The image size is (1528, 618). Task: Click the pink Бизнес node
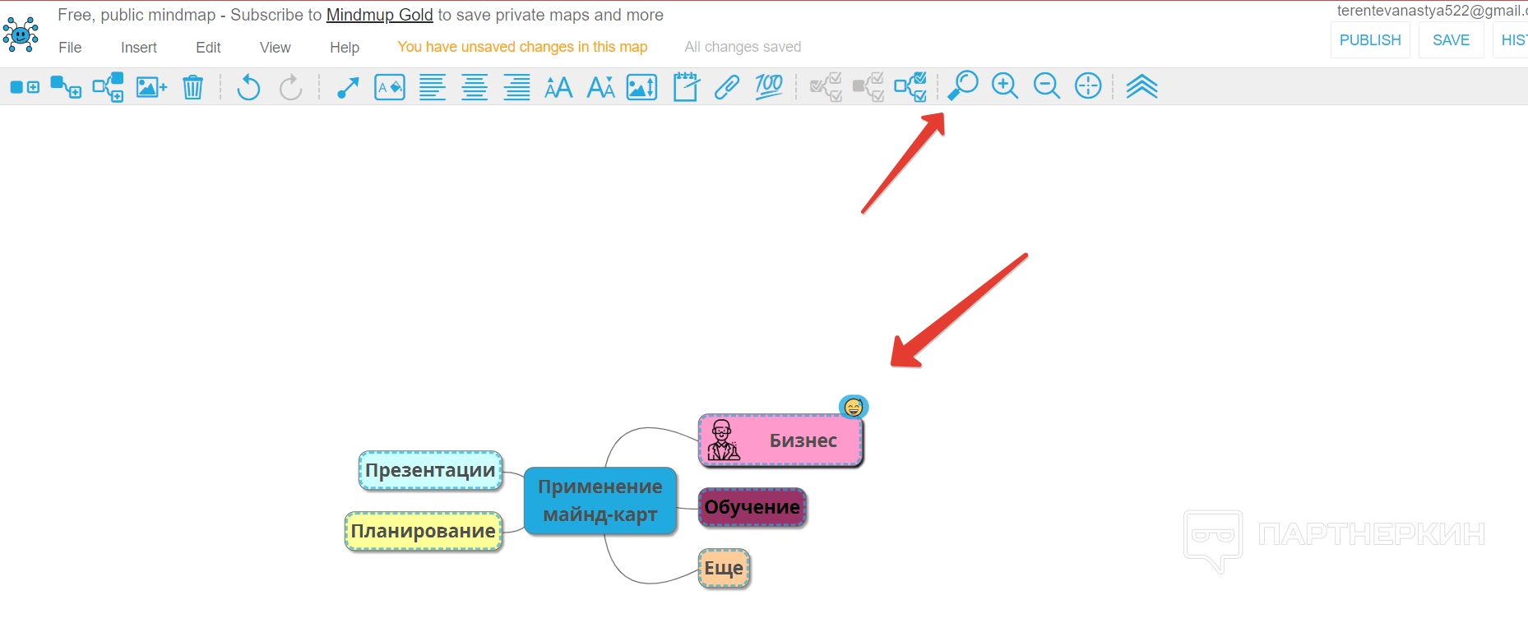tap(781, 440)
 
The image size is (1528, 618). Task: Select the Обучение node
tap(752, 507)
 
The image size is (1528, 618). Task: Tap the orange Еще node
tap(725, 569)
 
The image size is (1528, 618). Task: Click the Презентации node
tap(431, 471)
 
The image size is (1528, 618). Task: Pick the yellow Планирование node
tap(424, 532)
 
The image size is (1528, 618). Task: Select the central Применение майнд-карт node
tap(600, 500)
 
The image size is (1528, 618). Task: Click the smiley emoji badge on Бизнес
tap(854, 407)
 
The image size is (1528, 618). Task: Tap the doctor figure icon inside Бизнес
tap(723, 440)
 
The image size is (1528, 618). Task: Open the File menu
tap(70, 48)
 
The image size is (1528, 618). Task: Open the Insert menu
tap(139, 48)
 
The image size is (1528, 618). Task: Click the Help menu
tap(345, 48)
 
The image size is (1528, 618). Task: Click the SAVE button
tap(1451, 40)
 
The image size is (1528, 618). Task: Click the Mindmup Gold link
tap(380, 15)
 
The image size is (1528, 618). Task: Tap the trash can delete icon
tap(192, 86)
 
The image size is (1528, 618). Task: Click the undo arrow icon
tap(248, 86)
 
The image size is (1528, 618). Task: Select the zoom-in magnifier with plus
tap(1005, 85)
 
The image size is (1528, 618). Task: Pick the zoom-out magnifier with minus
tap(1047, 85)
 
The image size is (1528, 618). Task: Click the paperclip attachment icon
tap(727, 86)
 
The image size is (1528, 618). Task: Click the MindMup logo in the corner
tap(21, 35)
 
